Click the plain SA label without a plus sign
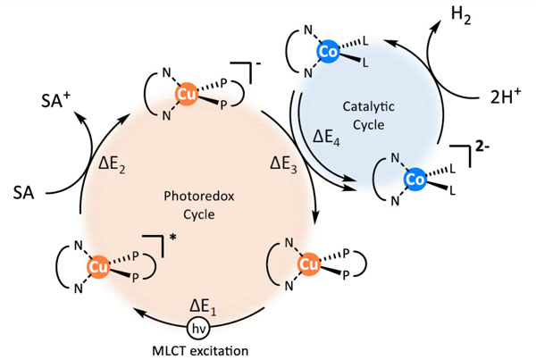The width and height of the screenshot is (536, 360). [25, 190]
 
